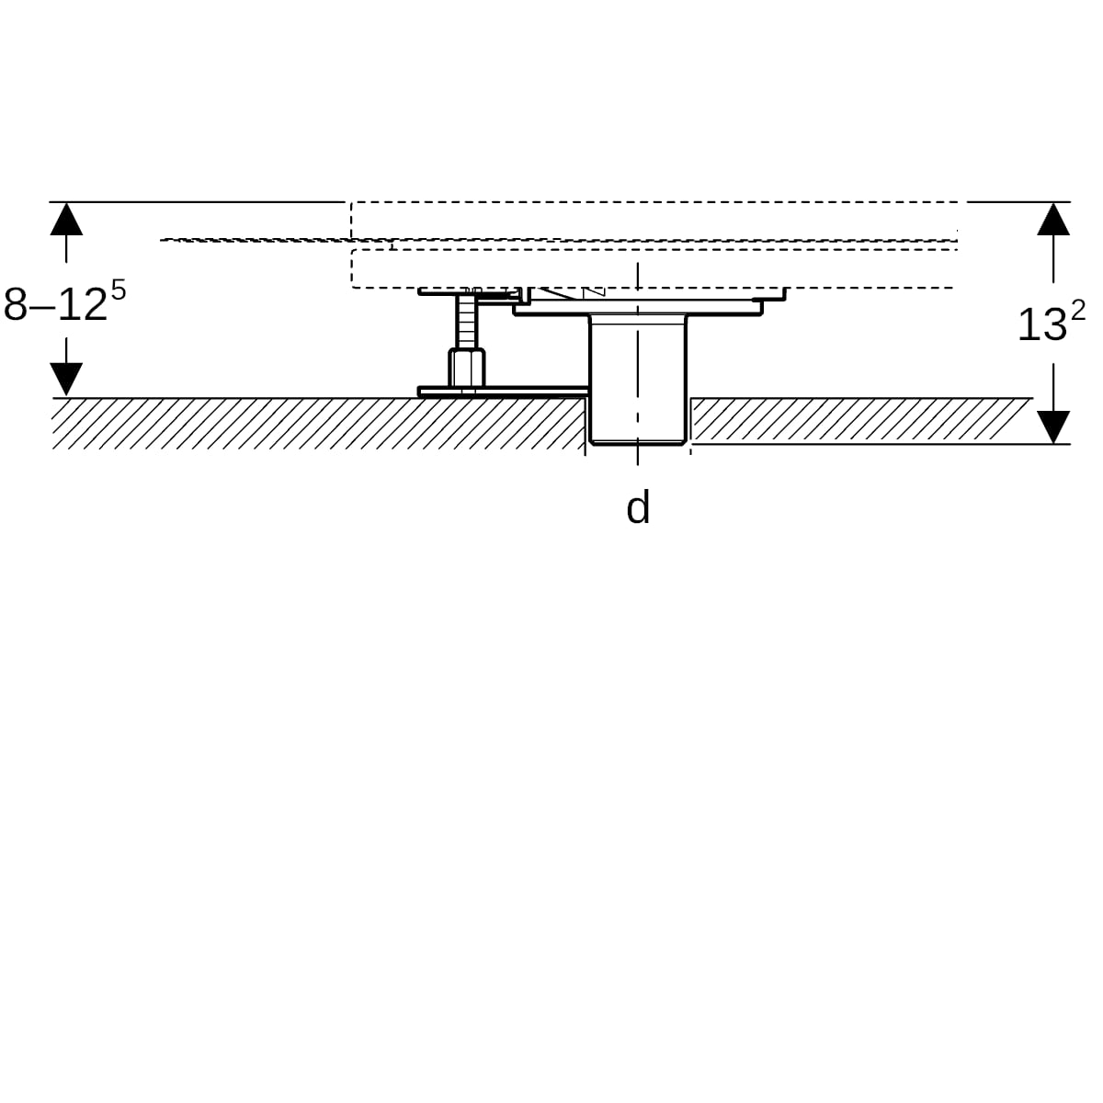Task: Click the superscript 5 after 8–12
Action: [118, 290]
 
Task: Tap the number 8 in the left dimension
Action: [16, 304]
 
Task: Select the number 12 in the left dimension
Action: [83, 304]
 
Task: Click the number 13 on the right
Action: [1042, 325]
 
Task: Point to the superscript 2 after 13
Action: [1078, 311]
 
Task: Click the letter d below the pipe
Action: [638, 506]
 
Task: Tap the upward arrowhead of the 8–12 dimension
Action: [66, 219]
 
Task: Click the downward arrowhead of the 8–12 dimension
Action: [66, 379]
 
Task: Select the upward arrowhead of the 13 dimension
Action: [1053, 219]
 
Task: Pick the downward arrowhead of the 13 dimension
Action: [1053, 427]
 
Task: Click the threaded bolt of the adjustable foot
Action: [467, 321]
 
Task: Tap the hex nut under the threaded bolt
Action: [467, 368]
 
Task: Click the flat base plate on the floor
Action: [504, 392]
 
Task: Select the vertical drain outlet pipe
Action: [638, 379]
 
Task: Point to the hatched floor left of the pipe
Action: [318, 424]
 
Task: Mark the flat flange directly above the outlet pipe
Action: [638, 309]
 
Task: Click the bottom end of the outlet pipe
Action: [638, 443]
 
